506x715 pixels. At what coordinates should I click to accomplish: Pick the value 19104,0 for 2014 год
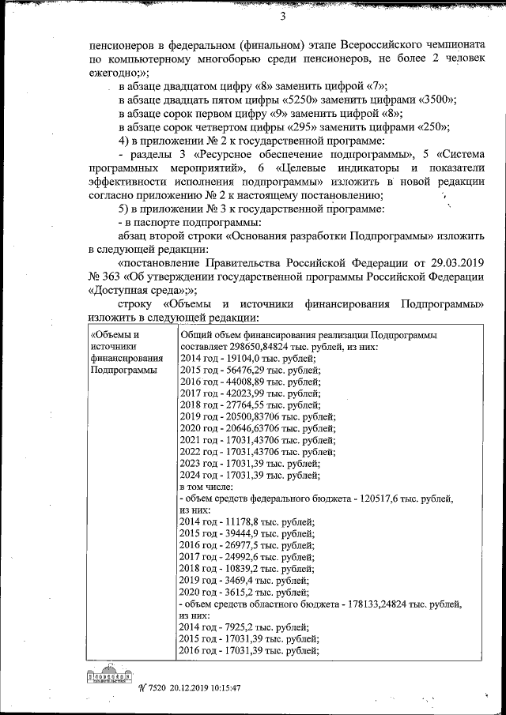pyautogui.click(x=245, y=359)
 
